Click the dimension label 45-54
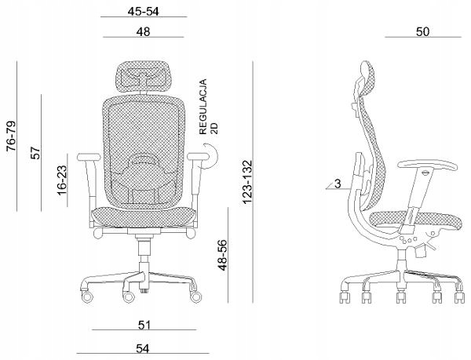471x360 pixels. (x=144, y=12)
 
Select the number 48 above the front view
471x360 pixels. (x=143, y=32)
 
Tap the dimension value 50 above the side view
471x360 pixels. (x=422, y=32)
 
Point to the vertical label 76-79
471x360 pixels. (x=11, y=136)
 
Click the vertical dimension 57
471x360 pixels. (x=36, y=153)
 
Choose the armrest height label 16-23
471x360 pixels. (x=62, y=180)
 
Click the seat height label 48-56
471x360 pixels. (x=223, y=255)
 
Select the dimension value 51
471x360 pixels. (x=144, y=325)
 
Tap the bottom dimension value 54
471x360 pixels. (x=143, y=348)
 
